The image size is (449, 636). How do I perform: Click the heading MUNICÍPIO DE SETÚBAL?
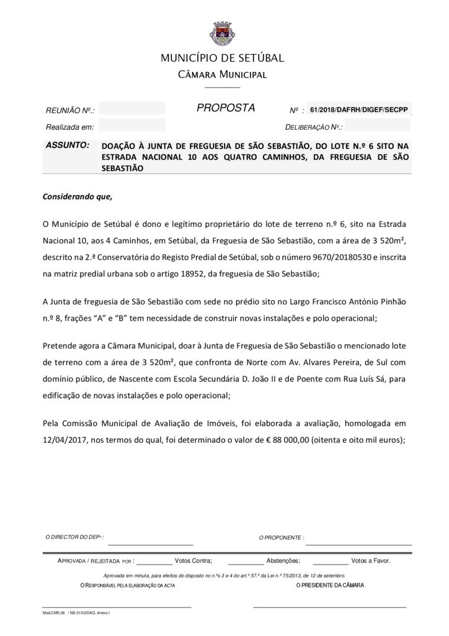tap(222, 58)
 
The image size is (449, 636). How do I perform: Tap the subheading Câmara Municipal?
tap(222, 75)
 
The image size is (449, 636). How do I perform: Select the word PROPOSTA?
tap(226, 108)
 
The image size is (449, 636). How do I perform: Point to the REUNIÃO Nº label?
tap(70, 111)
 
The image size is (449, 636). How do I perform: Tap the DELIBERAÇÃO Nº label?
tap(313, 127)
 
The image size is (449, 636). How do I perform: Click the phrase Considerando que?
tap(78, 197)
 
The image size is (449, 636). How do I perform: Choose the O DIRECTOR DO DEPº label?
tap(75, 537)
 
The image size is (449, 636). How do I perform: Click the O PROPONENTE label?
tap(282, 537)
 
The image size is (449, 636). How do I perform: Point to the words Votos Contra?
tap(193, 560)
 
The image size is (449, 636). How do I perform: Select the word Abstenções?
tap(283, 560)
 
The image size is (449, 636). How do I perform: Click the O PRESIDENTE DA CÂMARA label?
tap(331, 585)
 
